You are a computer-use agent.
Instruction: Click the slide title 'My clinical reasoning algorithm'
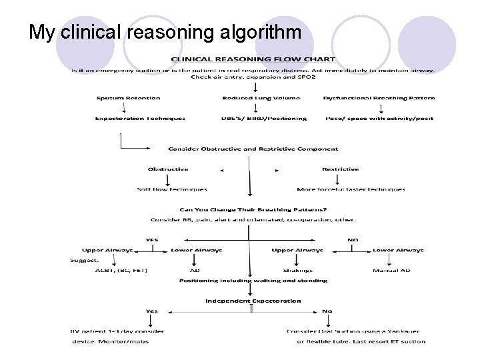point(165,31)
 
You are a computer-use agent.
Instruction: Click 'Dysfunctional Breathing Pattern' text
point(379,98)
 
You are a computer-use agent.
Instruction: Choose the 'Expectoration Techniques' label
point(140,118)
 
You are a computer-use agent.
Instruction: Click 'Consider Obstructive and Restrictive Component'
point(253,149)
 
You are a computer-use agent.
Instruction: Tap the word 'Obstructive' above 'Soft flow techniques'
point(168,169)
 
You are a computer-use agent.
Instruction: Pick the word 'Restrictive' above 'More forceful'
point(340,169)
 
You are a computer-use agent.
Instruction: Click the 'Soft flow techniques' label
point(172,189)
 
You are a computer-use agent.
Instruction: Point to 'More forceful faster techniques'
point(351,189)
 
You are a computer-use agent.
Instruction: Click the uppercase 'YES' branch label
point(153,239)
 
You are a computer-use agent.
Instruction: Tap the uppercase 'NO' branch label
point(353,239)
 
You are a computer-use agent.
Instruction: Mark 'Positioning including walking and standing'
point(253,281)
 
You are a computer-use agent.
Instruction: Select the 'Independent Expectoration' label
point(253,301)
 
